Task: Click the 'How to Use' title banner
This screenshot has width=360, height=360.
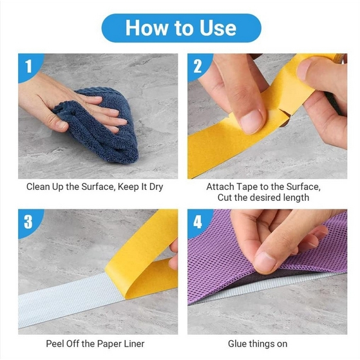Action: coord(180,28)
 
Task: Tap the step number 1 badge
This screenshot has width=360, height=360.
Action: coord(28,66)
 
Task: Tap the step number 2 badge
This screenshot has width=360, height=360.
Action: coord(198,66)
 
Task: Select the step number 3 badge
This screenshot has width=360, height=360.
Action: coord(28,222)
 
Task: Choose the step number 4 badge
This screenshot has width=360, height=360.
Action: coord(198,222)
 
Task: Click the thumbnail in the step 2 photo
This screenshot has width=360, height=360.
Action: coord(252,119)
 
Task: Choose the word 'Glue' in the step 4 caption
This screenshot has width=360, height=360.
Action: coord(240,345)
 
